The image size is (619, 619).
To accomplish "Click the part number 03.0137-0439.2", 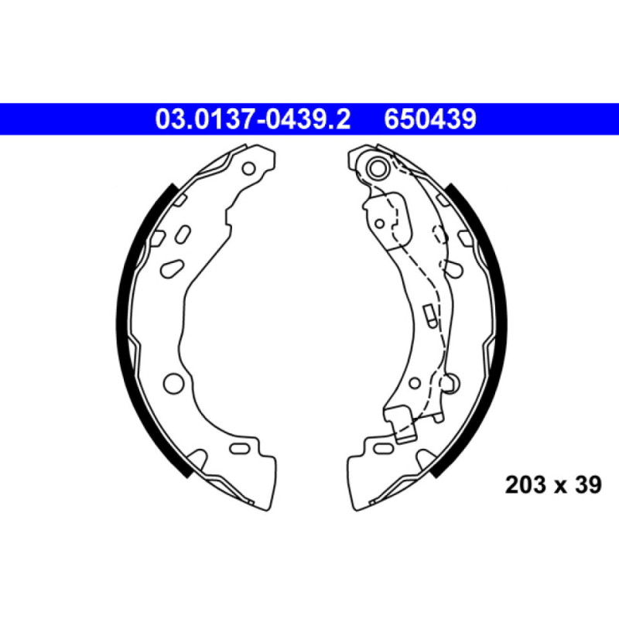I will coord(253,119).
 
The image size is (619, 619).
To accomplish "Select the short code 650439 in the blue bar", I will coord(429,119).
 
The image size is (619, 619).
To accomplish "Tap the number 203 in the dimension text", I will coord(523,485).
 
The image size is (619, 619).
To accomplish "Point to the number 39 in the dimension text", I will coord(586,485).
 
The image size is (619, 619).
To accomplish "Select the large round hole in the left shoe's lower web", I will coord(173,381).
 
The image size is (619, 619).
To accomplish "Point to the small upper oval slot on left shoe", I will coord(183,233).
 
